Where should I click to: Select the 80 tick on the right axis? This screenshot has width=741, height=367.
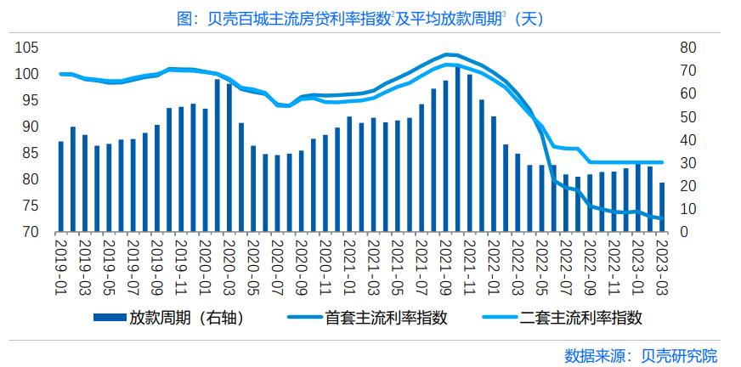point(686,48)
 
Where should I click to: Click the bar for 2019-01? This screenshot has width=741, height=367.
point(60,187)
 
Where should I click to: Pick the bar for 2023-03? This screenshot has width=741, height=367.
point(661,207)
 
